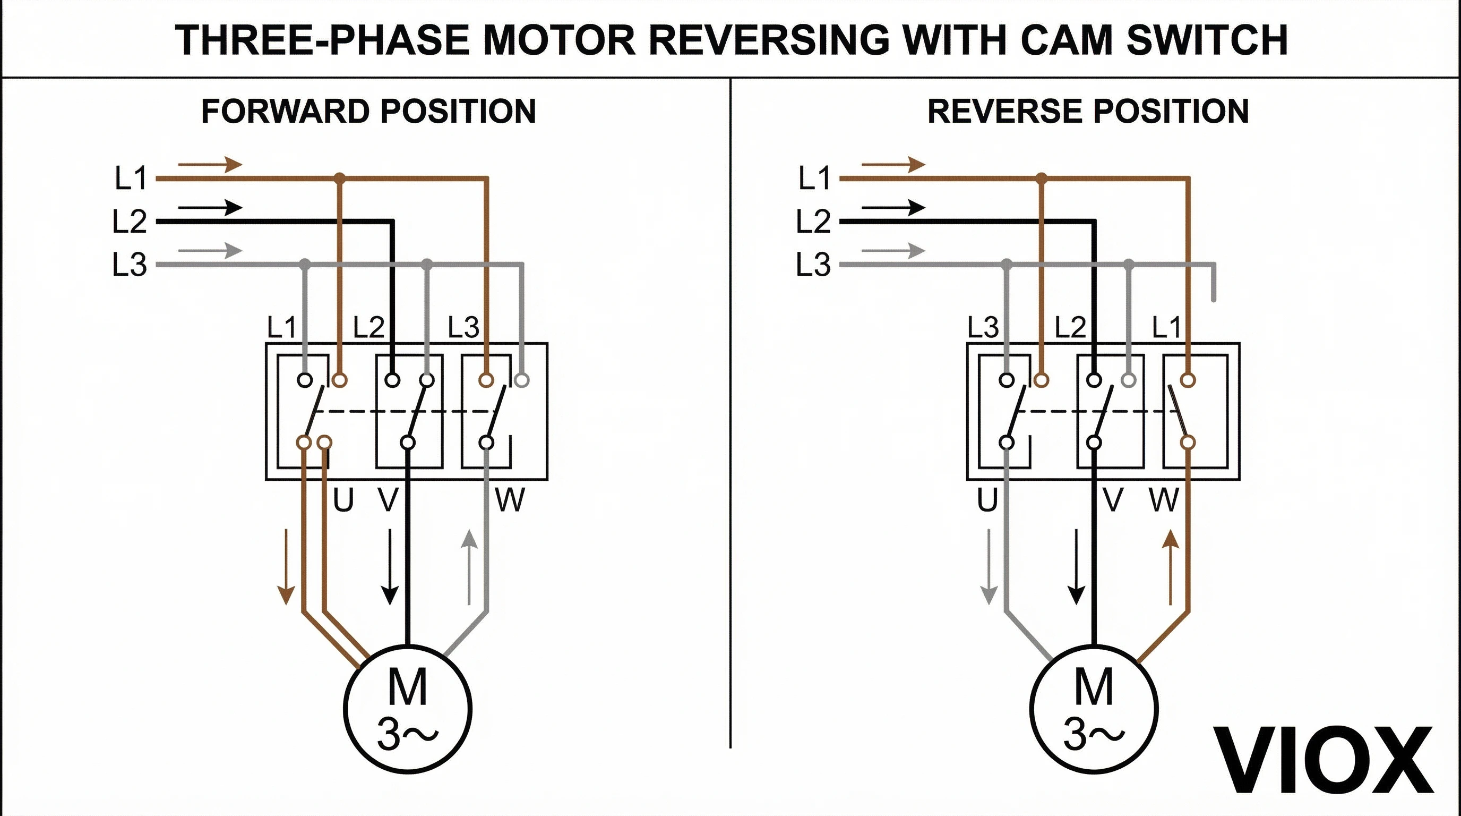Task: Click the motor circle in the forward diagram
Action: coord(407,709)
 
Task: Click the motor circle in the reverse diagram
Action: coord(1093,709)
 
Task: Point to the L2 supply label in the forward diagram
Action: coord(130,222)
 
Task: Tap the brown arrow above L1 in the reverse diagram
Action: coord(893,165)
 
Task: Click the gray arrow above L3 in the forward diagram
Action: coord(210,250)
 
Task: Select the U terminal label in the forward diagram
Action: coord(343,500)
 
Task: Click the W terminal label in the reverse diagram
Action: coord(1164,500)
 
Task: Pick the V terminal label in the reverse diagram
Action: coord(1113,500)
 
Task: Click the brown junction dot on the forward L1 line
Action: coord(339,178)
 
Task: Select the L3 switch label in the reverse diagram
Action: coord(983,327)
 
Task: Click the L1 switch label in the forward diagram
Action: coord(282,327)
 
